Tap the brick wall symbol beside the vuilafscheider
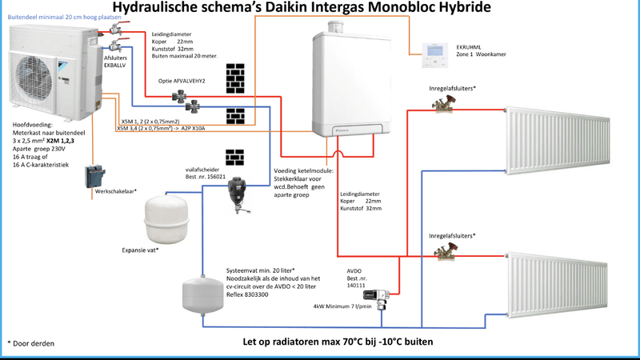click(234, 155)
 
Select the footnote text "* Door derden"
click(31, 342)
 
